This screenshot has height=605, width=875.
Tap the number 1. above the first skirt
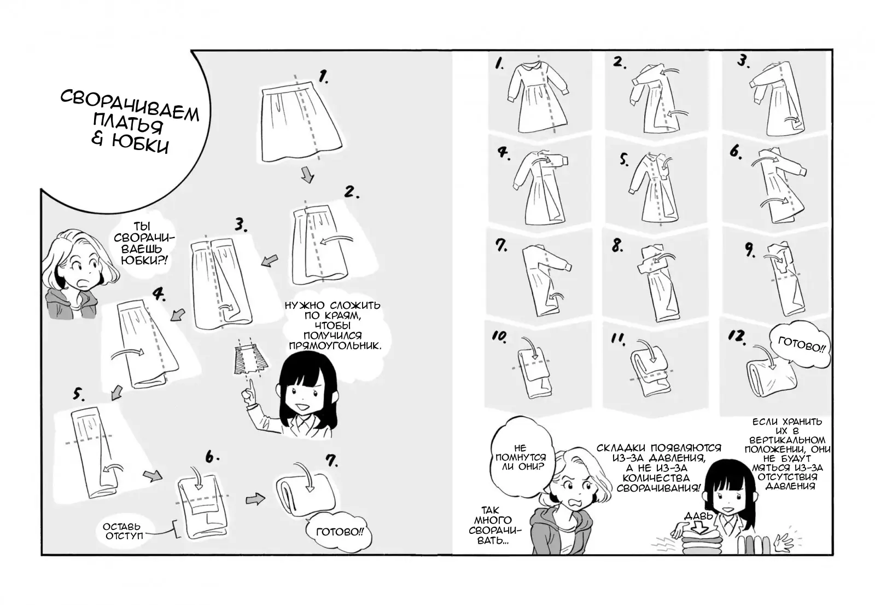point(323,76)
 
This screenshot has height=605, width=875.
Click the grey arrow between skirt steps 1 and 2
point(307,175)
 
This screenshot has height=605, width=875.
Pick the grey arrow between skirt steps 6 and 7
point(255,499)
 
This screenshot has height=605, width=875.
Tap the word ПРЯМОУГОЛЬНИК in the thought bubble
point(335,345)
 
